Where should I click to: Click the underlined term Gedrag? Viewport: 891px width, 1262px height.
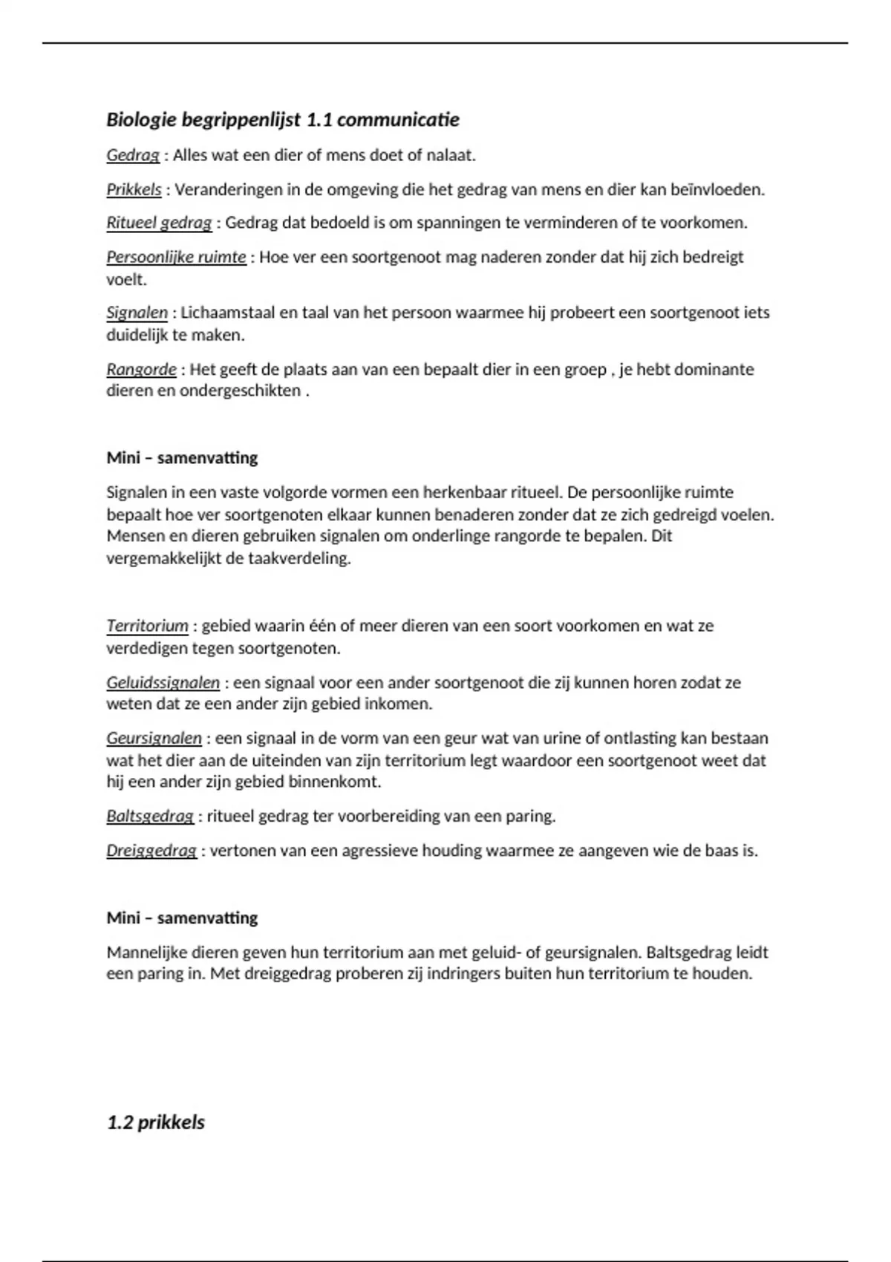click(x=133, y=155)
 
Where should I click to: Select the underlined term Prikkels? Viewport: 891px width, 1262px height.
click(x=134, y=189)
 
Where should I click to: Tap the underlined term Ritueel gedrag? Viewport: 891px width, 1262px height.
click(x=159, y=223)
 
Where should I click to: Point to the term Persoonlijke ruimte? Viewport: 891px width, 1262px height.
click(x=176, y=257)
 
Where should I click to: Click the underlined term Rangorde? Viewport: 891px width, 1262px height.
click(x=141, y=369)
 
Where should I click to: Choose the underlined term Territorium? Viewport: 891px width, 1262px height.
click(x=147, y=626)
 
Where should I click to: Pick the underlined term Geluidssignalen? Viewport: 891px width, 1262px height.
click(x=163, y=682)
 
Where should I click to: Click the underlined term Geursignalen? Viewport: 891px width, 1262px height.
click(x=154, y=738)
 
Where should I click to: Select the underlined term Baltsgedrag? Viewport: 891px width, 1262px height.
click(x=150, y=816)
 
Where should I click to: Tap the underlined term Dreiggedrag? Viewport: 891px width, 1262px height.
click(x=151, y=850)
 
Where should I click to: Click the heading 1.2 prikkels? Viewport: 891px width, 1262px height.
click(x=155, y=1122)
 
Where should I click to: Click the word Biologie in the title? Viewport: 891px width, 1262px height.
click(x=141, y=120)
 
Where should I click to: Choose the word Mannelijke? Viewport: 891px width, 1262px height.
click(x=146, y=952)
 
